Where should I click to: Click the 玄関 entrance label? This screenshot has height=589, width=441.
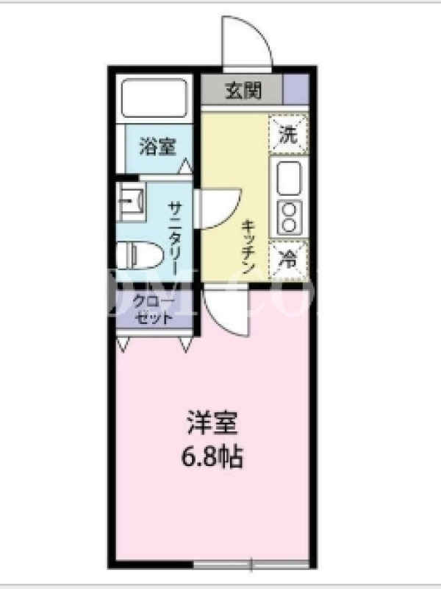tap(243, 90)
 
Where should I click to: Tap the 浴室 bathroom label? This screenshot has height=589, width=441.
tap(158, 146)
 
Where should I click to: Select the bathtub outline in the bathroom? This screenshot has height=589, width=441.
tap(154, 99)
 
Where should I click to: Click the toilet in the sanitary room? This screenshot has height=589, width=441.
tap(140, 255)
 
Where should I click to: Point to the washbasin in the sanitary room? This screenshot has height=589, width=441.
tap(130, 201)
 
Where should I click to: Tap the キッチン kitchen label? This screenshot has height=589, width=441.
tap(248, 247)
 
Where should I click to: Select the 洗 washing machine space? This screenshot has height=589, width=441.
tap(288, 134)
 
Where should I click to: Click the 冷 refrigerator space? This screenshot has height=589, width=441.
tap(288, 260)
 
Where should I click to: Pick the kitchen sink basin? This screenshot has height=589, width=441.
tap(289, 179)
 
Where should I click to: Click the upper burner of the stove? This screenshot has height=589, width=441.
tap(289, 209)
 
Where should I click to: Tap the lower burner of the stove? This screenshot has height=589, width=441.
tap(289, 225)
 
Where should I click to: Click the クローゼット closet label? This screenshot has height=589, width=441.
tap(154, 310)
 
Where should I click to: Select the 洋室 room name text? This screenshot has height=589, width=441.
tap(212, 423)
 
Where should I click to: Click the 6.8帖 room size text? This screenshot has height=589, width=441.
tap(212, 456)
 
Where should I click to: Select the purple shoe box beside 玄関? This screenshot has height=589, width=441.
tap(296, 89)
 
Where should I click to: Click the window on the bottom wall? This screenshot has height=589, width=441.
tap(251, 564)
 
